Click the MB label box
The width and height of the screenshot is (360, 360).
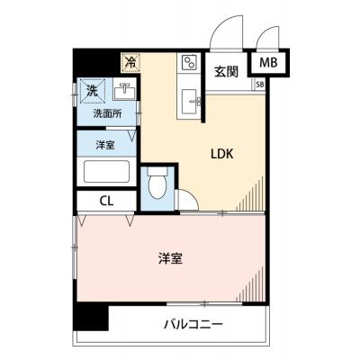click(268, 63)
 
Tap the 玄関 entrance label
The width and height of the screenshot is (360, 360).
click(226, 72)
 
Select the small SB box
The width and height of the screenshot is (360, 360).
click(260, 85)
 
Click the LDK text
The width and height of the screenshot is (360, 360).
click(222, 154)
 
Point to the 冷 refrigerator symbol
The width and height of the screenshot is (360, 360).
click(130, 62)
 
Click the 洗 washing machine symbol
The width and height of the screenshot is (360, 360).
click(93, 91)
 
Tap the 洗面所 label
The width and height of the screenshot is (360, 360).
click(107, 113)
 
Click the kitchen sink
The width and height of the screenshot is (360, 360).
click(190, 102)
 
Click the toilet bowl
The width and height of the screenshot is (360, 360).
click(157, 183)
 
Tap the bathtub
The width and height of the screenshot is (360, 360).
click(106, 171)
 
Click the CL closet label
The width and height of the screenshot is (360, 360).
click(106, 201)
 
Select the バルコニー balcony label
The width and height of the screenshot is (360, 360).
click(193, 324)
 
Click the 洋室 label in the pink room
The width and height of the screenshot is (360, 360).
click(170, 258)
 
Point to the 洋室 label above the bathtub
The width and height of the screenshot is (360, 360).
click(105, 145)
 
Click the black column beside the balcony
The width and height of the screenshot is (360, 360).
click(91, 318)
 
